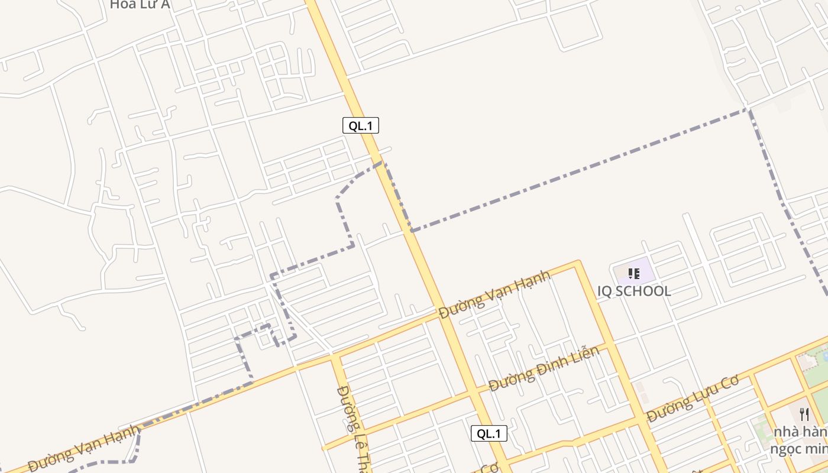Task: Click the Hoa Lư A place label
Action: (x=140, y=5)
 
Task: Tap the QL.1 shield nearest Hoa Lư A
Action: (x=360, y=125)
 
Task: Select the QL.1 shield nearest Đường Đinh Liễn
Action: (x=489, y=433)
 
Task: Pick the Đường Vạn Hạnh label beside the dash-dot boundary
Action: (x=85, y=449)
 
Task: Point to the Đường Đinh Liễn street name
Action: (x=544, y=369)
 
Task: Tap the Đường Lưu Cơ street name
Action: (x=693, y=399)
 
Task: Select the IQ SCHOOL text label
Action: (x=634, y=291)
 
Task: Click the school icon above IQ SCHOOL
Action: (x=634, y=274)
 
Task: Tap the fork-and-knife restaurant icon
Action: (x=804, y=414)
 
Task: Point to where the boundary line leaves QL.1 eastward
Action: (x=412, y=229)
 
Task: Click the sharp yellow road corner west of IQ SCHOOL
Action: (x=577, y=264)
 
